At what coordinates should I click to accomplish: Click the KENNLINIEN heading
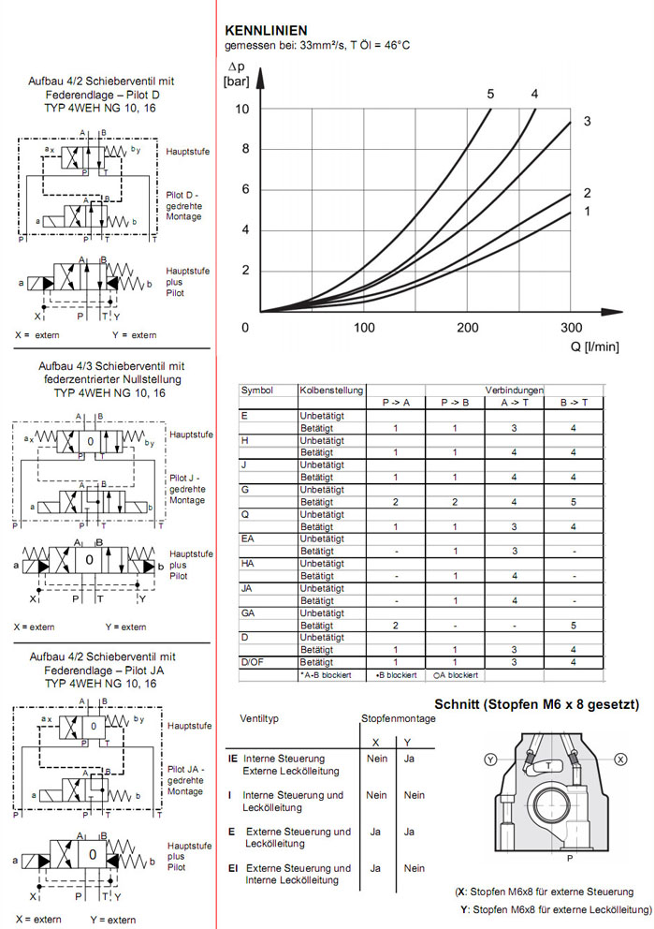[266, 31]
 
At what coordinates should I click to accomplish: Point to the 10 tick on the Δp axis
[241, 110]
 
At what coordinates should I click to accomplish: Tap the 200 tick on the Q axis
[467, 328]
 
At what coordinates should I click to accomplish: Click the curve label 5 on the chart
[489, 94]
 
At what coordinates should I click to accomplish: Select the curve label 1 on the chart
[587, 212]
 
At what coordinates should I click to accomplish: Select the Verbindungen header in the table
[514, 390]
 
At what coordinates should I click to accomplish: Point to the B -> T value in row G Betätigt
[573, 502]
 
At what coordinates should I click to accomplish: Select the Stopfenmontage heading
[398, 718]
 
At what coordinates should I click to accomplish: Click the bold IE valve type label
[234, 759]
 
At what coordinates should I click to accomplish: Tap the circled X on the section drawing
[622, 759]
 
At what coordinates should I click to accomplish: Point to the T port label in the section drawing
[547, 765]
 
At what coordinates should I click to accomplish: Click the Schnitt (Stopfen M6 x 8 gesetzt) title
[536, 704]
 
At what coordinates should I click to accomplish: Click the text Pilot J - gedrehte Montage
[187, 489]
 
